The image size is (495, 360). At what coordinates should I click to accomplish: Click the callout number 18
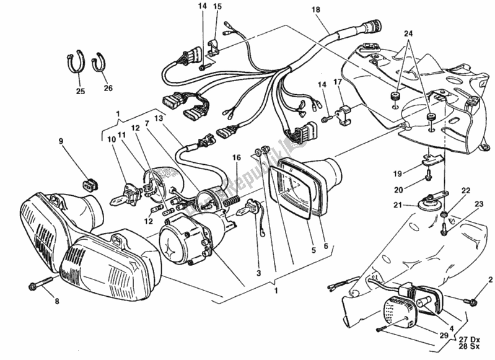pyautogui.click(x=316, y=10)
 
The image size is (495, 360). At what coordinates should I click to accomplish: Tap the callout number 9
pyautogui.click(x=61, y=140)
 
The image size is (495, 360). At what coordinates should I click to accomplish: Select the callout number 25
pyautogui.click(x=80, y=92)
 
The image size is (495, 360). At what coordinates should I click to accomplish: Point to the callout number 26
pyautogui.click(x=108, y=88)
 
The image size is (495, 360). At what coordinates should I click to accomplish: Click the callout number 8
pyautogui.click(x=56, y=302)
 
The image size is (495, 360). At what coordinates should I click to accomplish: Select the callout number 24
pyautogui.click(x=407, y=33)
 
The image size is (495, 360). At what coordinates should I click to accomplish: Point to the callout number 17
pyautogui.click(x=338, y=82)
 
